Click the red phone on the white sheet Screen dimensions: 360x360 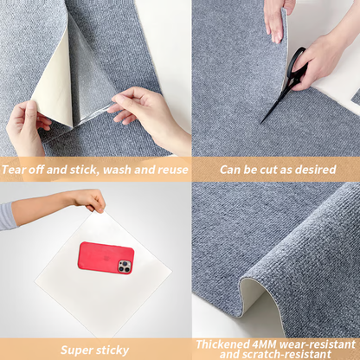coord(106,258)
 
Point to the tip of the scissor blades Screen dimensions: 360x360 coord(262,122)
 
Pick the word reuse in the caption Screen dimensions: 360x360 coord(170,170)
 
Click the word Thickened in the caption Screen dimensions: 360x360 coord(222,344)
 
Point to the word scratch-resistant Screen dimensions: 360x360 coord(295,355)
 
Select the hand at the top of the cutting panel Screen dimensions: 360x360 coord(275,17)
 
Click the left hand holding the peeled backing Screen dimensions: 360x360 coord(26,125)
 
